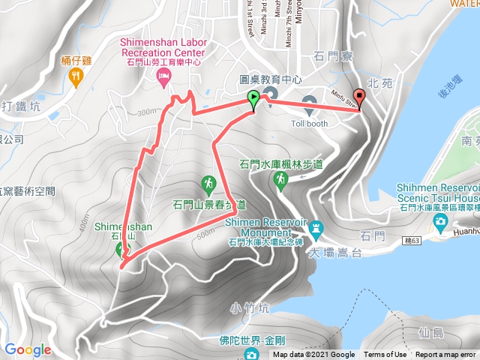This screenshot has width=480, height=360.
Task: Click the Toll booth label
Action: click(x=310, y=123)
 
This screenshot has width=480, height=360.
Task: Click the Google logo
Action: click(x=28, y=349)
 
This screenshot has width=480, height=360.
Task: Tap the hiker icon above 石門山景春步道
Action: click(x=208, y=182)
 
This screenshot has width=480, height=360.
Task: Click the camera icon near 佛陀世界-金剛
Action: click(x=254, y=354)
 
